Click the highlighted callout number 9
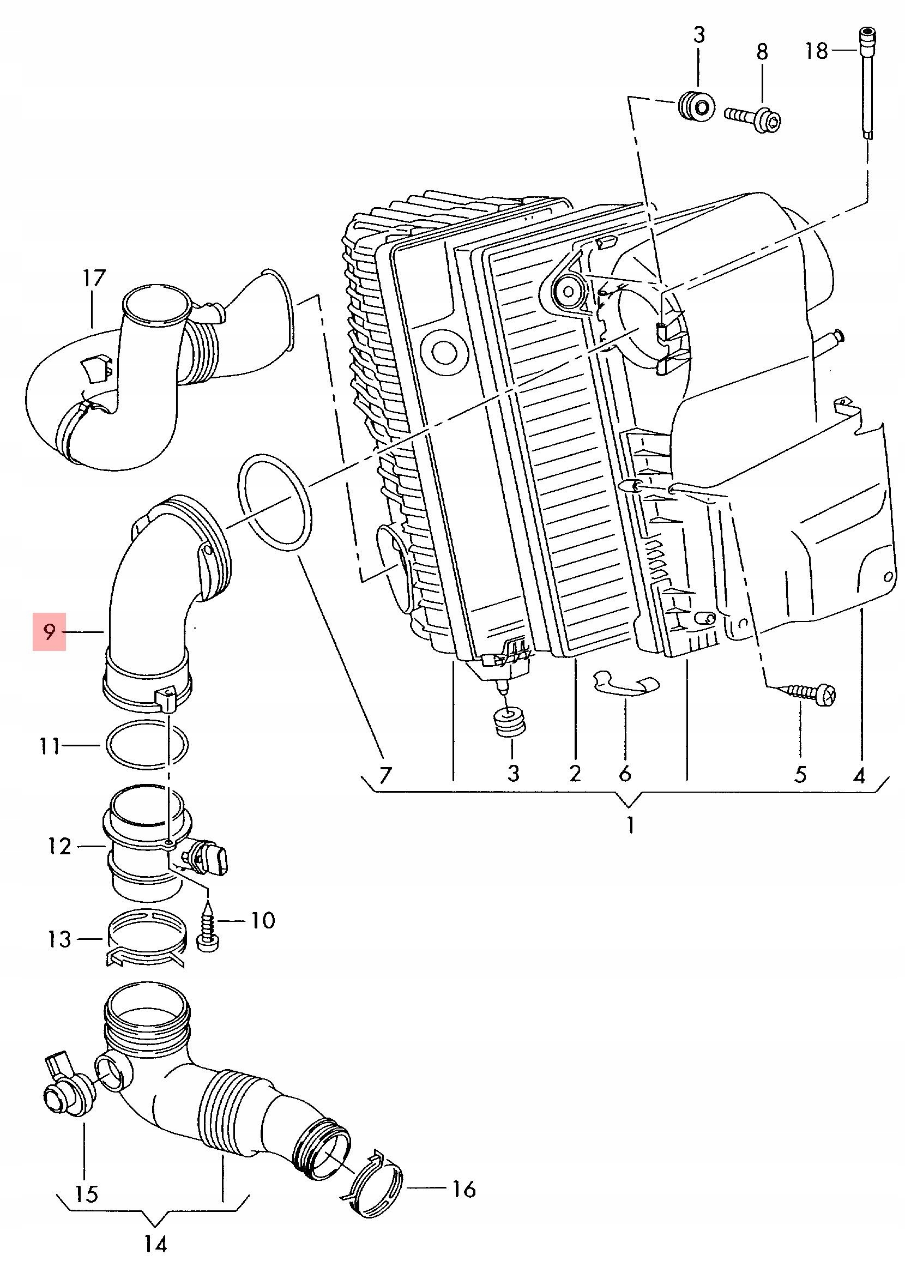coord(50,632)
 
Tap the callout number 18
coord(817,52)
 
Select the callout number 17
coord(94,278)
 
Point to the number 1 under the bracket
coord(630,825)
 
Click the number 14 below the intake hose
coord(156,1242)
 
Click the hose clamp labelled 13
coord(144,945)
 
